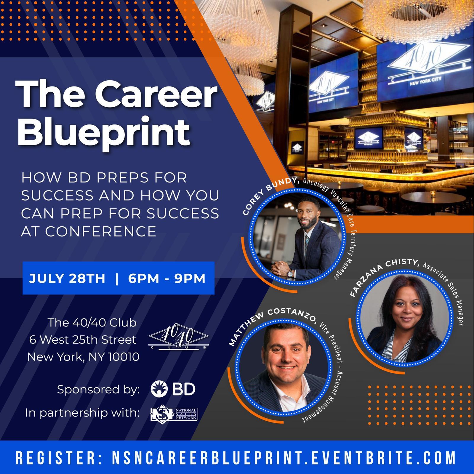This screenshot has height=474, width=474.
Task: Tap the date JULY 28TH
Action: [67, 278]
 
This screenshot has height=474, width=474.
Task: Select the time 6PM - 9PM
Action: [167, 278]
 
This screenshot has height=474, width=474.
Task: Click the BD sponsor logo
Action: [173, 389]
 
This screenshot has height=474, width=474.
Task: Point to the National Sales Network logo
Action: [174, 414]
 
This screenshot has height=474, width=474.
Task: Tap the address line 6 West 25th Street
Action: [83, 340]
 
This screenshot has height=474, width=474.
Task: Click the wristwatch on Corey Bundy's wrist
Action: [289, 273]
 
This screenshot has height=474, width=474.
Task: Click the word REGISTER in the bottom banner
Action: [56, 458]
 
